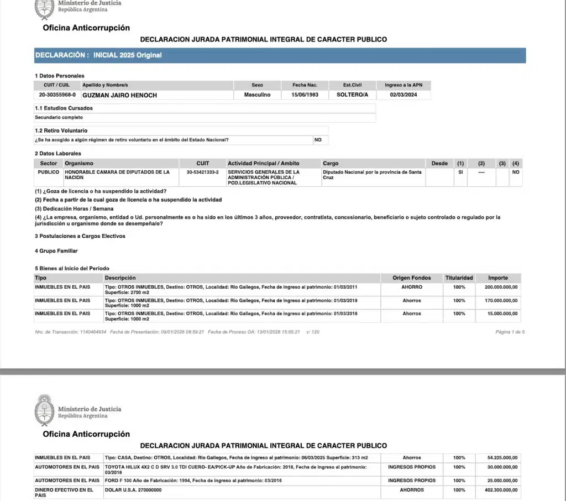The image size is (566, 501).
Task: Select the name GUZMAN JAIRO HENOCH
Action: point(119,95)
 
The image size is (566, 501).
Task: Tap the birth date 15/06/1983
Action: point(305,95)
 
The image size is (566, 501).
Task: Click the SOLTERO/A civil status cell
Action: point(352,95)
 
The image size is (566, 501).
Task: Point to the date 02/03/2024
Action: point(403,95)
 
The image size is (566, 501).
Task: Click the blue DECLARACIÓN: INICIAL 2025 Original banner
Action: point(280,55)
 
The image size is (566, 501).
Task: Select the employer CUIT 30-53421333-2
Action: point(203,173)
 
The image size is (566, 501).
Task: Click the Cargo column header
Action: point(331,164)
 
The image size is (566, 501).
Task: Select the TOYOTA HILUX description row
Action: point(235,469)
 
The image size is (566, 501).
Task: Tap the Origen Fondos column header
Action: point(411,278)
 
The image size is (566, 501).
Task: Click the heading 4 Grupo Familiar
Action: point(56,251)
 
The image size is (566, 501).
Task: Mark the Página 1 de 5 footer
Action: point(510,332)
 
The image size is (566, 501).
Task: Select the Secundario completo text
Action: point(59,117)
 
